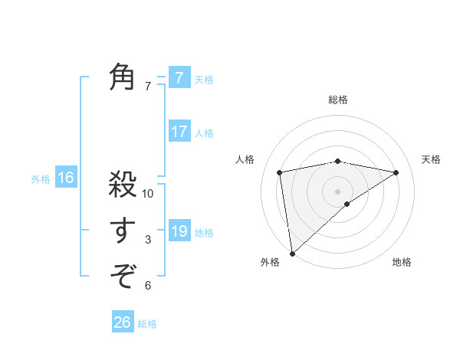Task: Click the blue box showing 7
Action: (179, 78)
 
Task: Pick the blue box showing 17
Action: (179, 132)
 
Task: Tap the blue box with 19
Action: (179, 231)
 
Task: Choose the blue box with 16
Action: (66, 178)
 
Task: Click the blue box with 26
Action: (123, 322)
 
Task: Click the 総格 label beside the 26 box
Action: (147, 324)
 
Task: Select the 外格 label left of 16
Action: (41, 179)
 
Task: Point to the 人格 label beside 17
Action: (204, 133)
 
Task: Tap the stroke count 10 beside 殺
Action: (148, 194)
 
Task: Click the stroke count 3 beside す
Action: (148, 240)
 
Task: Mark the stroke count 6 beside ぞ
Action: (148, 286)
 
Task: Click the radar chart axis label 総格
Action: (338, 100)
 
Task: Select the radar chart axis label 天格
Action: (431, 159)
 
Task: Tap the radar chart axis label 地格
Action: (402, 263)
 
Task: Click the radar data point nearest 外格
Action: (292, 253)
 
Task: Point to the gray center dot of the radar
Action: (337, 191)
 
